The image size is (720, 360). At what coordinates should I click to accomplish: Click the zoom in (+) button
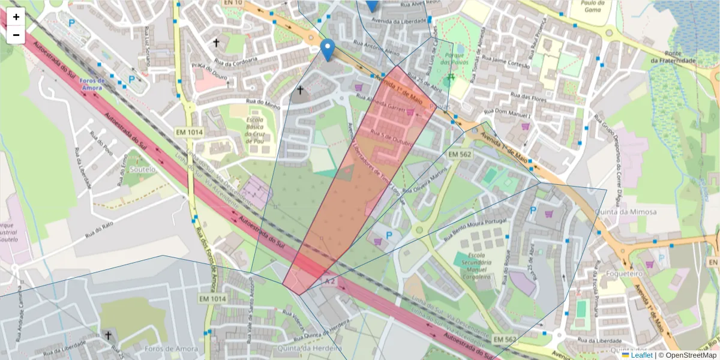pyautogui.click(x=16, y=17)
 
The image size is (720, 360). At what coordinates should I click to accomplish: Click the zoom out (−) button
pyautogui.click(x=16, y=35)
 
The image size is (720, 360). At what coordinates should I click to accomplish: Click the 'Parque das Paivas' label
pyautogui.click(x=453, y=58)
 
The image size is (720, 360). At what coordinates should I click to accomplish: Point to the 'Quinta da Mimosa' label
pyautogui.click(x=617, y=212)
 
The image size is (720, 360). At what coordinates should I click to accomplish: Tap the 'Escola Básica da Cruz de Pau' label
pyautogui.click(x=255, y=135)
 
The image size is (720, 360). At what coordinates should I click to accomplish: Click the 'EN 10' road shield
pyautogui.click(x=232, y=3)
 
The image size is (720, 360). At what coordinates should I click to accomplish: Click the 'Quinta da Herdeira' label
pyautogui.click(x=310, y=348)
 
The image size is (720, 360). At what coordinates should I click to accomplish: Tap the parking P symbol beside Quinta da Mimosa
pyautogui.click(x=533, y=211)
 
